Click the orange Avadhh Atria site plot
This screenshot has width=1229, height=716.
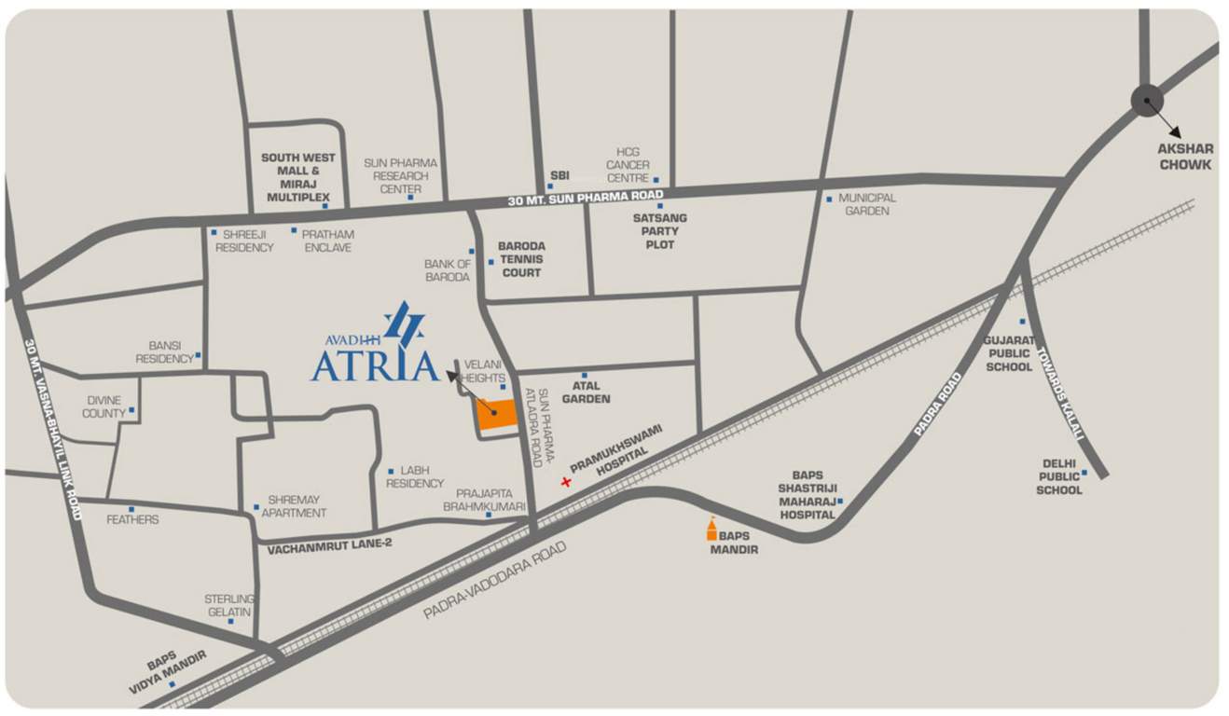(497, 415)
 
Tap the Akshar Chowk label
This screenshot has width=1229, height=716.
(1185, 157)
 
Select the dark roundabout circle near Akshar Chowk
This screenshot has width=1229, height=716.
(1147, 101)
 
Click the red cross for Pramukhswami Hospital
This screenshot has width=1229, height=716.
(565, 482)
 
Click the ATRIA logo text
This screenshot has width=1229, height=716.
(375, 365)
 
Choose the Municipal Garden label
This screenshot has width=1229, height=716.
(866, 204)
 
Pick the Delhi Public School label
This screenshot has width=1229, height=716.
(1059, 476)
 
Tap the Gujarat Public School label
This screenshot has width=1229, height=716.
(1008, 353)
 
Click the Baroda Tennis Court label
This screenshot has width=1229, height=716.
(521, 259)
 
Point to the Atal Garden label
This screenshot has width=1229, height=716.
(586, 392)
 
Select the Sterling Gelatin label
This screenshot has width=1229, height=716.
(228, 605)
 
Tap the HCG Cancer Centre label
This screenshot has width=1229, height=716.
(628, 165)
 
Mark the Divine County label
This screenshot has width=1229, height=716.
(104, 406)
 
